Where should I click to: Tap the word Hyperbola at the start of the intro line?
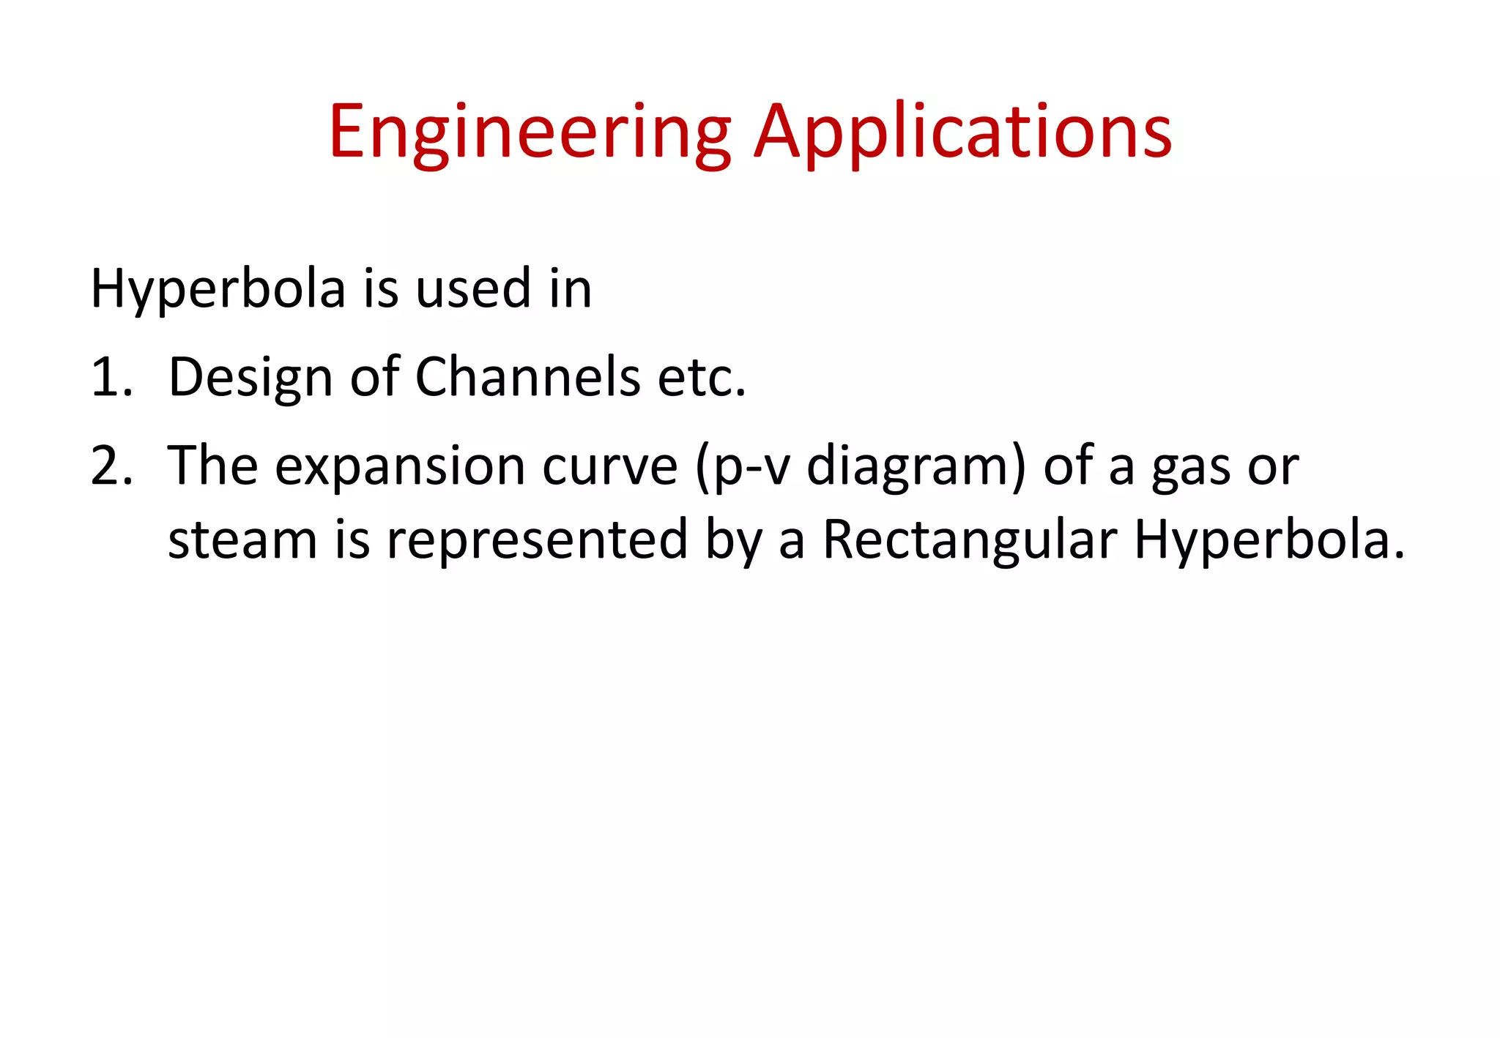coord(218,290)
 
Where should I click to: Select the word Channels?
coord(528,377)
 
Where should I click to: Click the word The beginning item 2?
coord(212,466)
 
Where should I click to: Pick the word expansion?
coord(400,467)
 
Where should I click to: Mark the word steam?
coord(242,540)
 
